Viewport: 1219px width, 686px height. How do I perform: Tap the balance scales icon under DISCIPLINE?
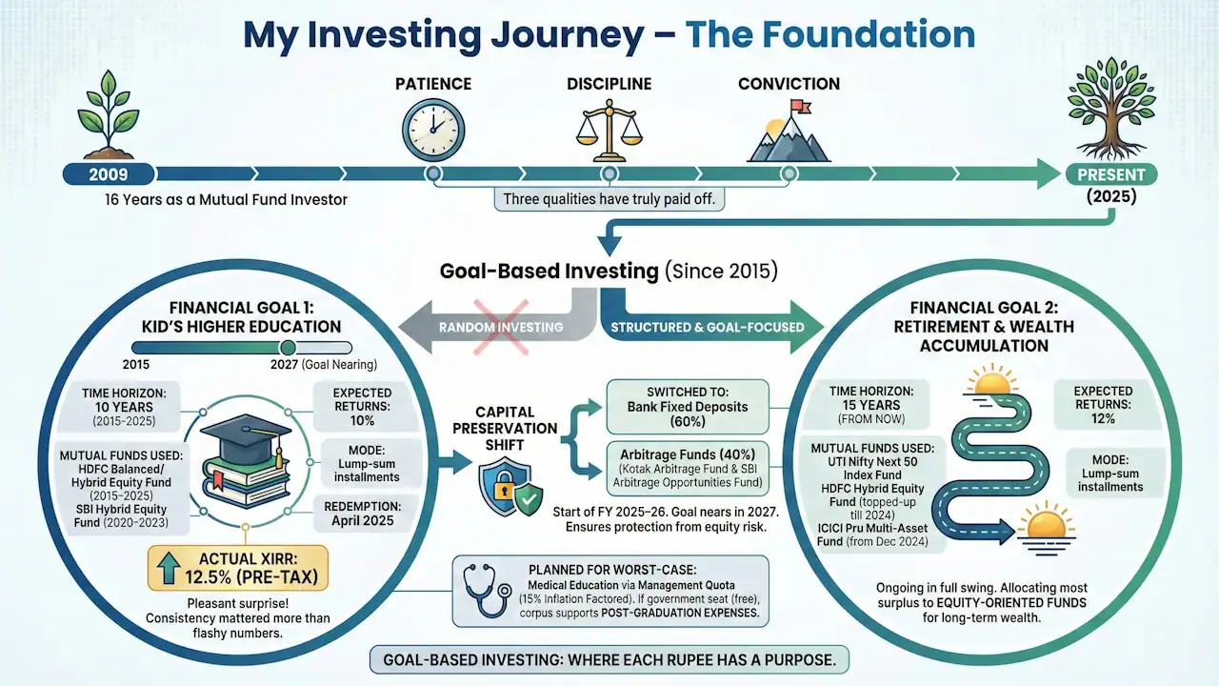click(609, 129)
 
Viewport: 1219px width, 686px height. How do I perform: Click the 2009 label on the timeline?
click(108, 174)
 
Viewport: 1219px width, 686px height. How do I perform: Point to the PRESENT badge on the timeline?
click(1110, 174)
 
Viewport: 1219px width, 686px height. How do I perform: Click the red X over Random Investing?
click(501, 326)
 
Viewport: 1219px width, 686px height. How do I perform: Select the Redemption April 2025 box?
click(368, 514)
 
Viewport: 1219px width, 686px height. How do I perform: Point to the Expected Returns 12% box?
click(1103, 405)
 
